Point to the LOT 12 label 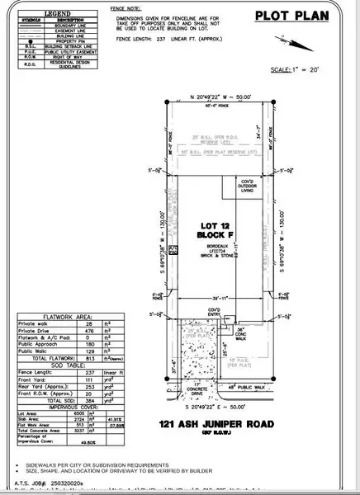pyautogui.click(x=207, y=225)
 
